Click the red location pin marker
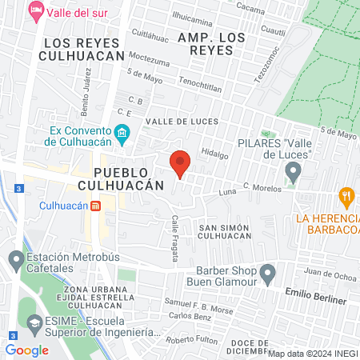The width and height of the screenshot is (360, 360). pos(180,164)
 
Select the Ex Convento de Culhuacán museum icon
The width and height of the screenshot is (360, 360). pos(122,133)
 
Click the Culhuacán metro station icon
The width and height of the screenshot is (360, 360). pos(95,206)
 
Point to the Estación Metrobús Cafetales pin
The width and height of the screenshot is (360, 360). pos(15,258)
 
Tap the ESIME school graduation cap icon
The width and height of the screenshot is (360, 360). pos(34,325)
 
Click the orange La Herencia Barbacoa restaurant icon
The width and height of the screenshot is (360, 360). pos(346,195)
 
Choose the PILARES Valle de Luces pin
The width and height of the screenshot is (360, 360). pos(294,170)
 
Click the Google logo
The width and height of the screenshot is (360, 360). pos(26,350)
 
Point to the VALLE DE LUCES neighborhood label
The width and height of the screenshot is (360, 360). pos(176,121)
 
